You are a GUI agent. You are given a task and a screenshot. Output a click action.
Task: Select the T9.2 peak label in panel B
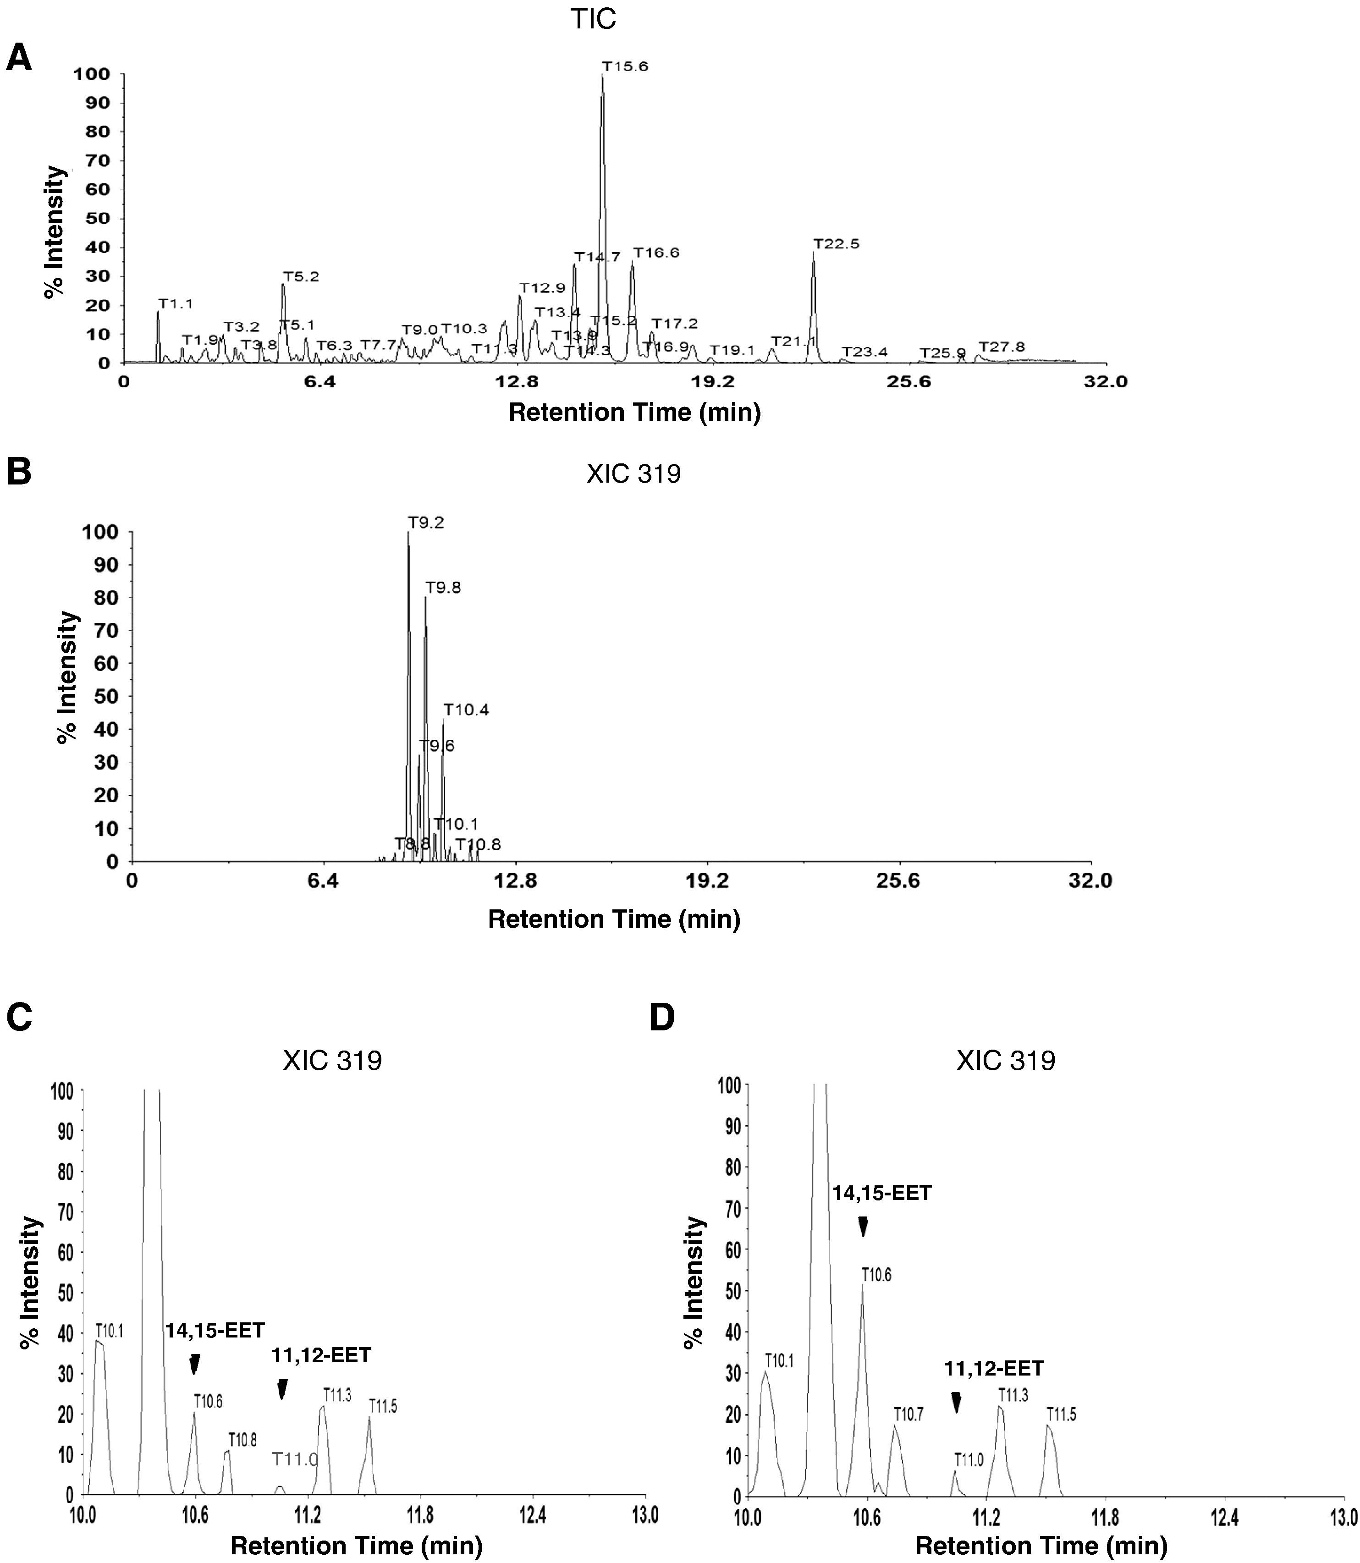click(426, 523)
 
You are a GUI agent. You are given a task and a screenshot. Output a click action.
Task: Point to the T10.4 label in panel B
click(466, 710)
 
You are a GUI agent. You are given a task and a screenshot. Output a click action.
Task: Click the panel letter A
click(19, 58)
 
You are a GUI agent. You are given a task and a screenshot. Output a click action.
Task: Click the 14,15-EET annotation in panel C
click(215, 1330)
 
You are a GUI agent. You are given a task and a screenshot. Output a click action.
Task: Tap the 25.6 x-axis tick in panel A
click(909, 382)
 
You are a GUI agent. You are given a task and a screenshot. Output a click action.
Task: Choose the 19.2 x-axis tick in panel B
click(707, 881)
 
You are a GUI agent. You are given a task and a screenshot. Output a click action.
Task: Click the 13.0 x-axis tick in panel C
click(645, 1515)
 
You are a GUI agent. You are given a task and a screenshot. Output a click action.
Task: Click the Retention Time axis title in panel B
click(613, 919)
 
